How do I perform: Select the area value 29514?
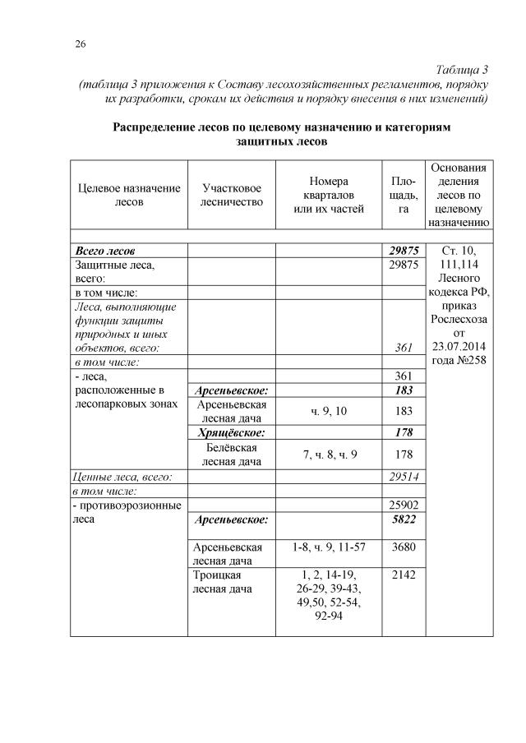pyautogui.click(x=403, y=476)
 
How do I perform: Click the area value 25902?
pyautogui.click(x=403, y=505)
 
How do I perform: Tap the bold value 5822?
pyautogui.click(x=403, y=519)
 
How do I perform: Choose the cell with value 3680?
pyautogui.click(x=403, y=547)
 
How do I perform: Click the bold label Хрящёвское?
pyautogui.click(x=231, y=431)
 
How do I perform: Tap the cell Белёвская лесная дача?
pyautogui.click(x=231, y=455)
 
